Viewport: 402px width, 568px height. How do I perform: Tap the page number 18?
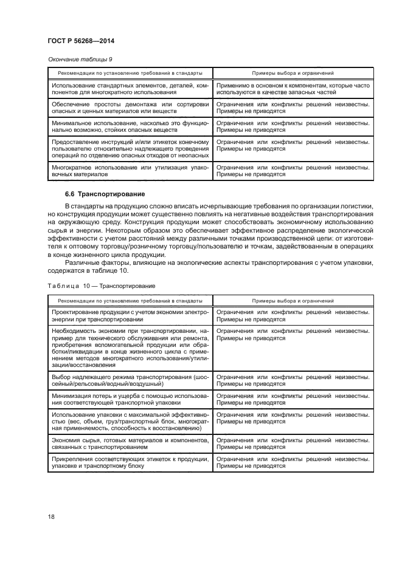pyautogui.click(x=51, y=518)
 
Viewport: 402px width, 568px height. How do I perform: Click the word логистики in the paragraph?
pyautogui.click(x=356, y=207)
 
